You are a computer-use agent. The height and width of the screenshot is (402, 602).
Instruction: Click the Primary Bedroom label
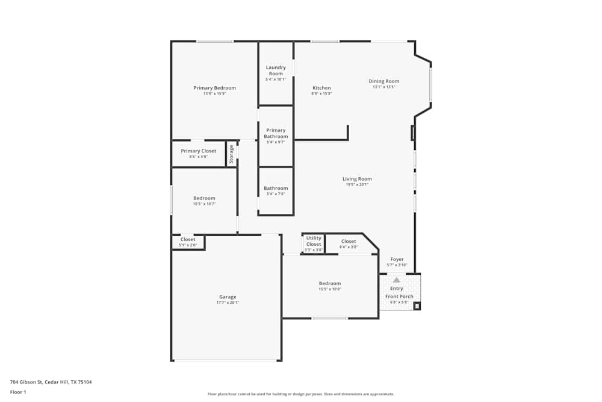point(214,88)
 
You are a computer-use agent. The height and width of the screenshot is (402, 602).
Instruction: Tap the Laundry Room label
point(276,71)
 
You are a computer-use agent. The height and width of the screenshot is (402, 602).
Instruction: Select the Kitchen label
point(321,88)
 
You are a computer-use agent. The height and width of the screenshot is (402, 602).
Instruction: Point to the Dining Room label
point(384,81)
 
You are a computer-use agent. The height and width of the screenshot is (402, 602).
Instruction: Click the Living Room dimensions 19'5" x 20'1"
point(357,184)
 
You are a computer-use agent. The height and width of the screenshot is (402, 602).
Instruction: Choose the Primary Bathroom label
point(276,133)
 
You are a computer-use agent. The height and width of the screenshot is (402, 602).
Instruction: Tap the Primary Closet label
point(198,151)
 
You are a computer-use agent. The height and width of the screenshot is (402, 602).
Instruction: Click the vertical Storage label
point(231,154)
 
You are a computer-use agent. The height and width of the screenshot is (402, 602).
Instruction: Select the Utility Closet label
point(314,240)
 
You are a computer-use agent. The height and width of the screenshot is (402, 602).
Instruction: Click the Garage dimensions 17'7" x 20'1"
point(228,303)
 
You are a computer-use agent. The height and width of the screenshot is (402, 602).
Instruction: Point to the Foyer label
point(397,259)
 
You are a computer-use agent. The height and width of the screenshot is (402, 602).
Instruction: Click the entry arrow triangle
point(396,280)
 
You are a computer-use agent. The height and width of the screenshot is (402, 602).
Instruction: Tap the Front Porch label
point(399,297)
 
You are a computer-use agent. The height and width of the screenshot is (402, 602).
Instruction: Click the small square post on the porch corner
point(417,306)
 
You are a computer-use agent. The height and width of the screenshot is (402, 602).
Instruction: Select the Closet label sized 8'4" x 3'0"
point(349,242)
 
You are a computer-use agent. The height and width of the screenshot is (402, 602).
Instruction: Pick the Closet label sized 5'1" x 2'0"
point(188,240)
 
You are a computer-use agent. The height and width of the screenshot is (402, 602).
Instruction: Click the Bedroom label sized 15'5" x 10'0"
point(330,283)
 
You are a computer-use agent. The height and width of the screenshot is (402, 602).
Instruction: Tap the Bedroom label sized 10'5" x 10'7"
point(204,198)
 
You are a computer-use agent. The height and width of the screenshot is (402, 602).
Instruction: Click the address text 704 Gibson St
point(51,382)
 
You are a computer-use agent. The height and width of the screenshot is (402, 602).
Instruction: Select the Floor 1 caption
point(18,392)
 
